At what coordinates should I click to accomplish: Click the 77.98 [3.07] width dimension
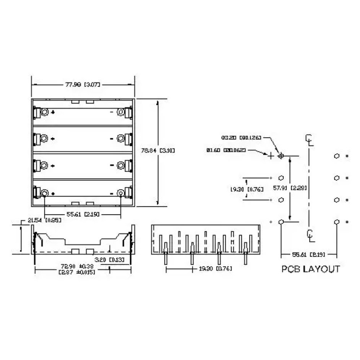coord(82,84)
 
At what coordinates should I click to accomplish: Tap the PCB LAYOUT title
coord(311,269)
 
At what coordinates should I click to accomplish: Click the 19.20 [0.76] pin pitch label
coord(215,269)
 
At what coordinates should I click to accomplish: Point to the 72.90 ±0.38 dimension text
coord(77,266)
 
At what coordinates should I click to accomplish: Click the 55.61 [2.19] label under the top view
coord(83,214)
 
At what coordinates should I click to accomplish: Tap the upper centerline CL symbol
coord(310,140)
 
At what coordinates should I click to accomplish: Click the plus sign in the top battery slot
coord(53,112)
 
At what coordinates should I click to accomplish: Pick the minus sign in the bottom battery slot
coord(112,193)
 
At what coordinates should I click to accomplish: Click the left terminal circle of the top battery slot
coord(44,112)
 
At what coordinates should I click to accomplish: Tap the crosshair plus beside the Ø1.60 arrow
coord(271,156)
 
